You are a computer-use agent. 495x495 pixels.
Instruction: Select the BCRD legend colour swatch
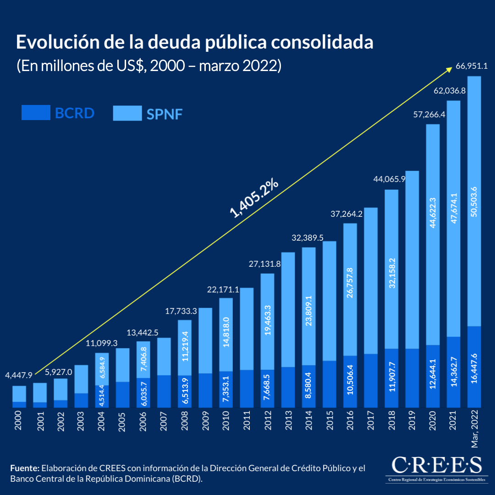click(x=36, y=113)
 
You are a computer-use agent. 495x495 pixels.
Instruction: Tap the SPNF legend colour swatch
click(x=127, y=113)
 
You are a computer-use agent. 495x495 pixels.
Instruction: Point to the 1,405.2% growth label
click(x=254, y=198)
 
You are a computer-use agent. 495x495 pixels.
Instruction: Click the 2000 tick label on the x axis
click(x=19, y=420)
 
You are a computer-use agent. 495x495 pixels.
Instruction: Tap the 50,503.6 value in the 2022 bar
click(x=474, y=201)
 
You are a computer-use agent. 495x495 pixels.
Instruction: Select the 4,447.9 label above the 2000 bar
click(x=19, y=375)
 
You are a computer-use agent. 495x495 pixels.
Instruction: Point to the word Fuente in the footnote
click(x=24, y=468)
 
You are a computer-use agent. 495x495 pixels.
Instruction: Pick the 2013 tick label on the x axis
click(x=288, y=420)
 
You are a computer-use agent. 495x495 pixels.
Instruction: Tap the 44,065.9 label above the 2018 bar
click(x=390, y=179)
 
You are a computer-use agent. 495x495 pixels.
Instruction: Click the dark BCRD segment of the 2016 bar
click(x=350, y=381)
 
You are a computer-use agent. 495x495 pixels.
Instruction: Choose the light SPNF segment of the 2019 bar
click(x=412, y=259)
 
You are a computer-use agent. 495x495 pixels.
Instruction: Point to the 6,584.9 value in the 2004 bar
click(x=102, y=368)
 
